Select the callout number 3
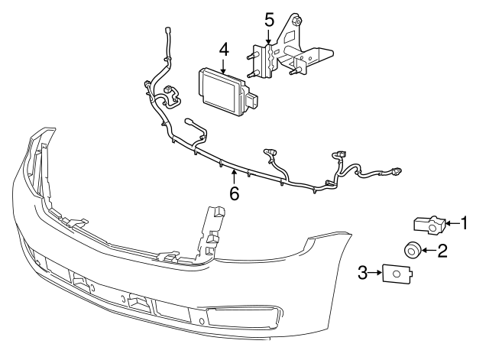tap(363, 271)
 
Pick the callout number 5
tap(268, 18)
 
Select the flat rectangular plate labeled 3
tap(395, 272)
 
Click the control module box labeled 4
tap(220, 90)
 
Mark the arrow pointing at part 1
tap(452, 223)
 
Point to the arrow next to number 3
tap(376, 271)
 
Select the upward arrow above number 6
tap(234, 179)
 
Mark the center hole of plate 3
tap(395, 273)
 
